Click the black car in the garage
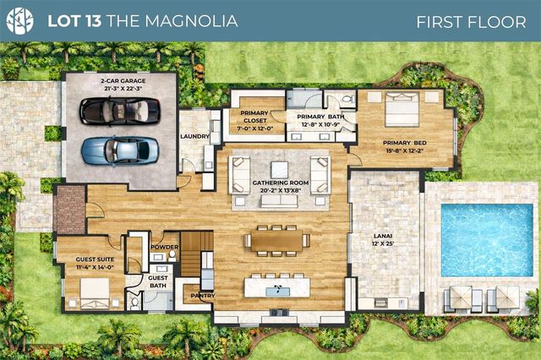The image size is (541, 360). tap(119, 110)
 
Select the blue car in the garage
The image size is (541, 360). tap(119, 150)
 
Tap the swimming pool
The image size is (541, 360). tap(487, 240)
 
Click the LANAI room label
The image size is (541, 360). tap(384, 240)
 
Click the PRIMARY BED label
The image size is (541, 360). tap(404, 147)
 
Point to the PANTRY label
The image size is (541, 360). tap(202, 296)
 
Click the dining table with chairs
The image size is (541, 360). tap(276, 240)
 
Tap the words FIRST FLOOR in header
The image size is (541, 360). tap(471, 21)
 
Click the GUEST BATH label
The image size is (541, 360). tap(157, 281)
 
